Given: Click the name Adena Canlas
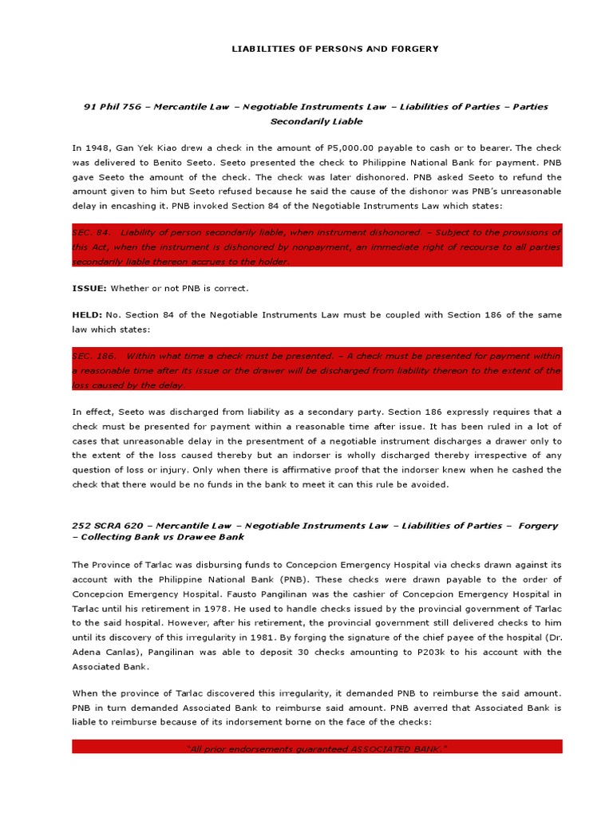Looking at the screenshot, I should pos(101,666).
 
